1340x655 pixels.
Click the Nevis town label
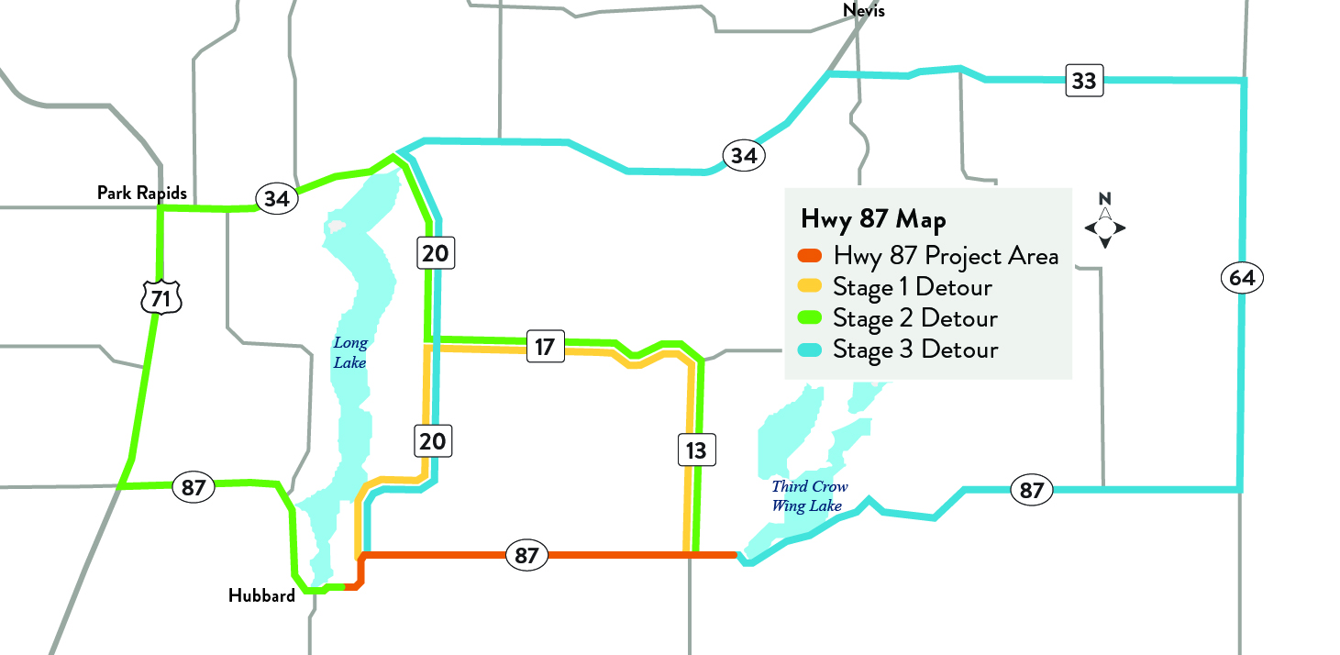pyautogui.click(x=863, y=11)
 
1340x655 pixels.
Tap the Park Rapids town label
pyautogui.click(x=142, y=193)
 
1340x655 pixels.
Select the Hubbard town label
pyautogui.click(x=261, y=595)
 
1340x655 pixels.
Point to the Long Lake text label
pyautogui.click(x=349, y=353)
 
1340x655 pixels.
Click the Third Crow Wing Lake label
pyautogui.click(x=810, y=496)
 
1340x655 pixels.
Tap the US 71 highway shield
pyautogui.click(x=161, y=297)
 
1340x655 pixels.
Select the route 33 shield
pyautogui.click(x=1083, y=81)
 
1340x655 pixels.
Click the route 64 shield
pyautogui.click(x=1243, y=277)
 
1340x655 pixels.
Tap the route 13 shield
pyautogui.click(x=696, y=450)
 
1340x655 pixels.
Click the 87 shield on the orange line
pyautogui.click(x=526, y=555)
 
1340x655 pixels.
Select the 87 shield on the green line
pyautogui.click(x=193, y=487)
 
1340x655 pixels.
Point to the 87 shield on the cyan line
pyautogui.click(x=1032, y=491)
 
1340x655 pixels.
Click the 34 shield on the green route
pyautogui.click(x=277, y=198)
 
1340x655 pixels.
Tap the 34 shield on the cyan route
pyautogui.click(x=744, y=156)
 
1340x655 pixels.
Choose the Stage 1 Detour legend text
pyautogui.click(x=912, y=287)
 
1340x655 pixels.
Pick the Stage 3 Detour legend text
pyautogui.click(x=914, y=350)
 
